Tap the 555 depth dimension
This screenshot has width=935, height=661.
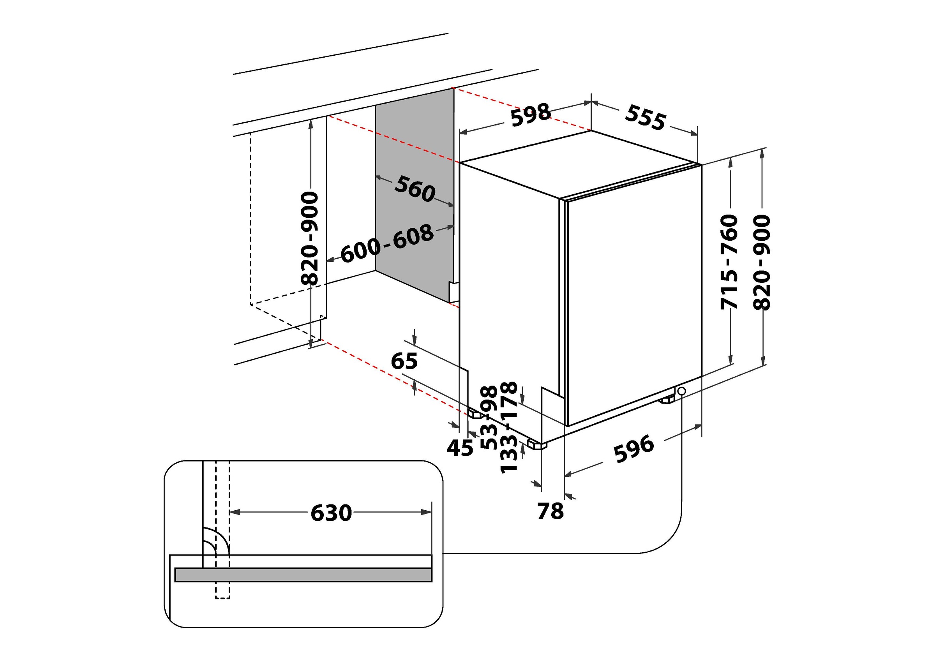(x=645, y=118)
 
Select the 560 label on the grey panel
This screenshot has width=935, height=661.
(x=415, y=189)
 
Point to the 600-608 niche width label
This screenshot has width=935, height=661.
(x=387, y=243)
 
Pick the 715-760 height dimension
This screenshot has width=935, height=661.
(x=729, y=261)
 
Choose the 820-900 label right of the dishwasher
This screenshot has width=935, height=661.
(x=762, y=262)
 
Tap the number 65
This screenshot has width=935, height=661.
(x=404, y=361)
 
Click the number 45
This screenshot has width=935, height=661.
(x=460, y=448)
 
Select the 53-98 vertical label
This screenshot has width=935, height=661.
(x=489, y=418)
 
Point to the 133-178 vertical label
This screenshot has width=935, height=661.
(x=509, y=427)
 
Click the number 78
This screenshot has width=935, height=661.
(x=550, y=511)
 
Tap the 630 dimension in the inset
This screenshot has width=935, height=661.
(x=331, y=513)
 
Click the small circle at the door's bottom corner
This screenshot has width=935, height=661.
(x=682, y=391)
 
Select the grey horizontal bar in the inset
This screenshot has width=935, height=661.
(x=303, y=575)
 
